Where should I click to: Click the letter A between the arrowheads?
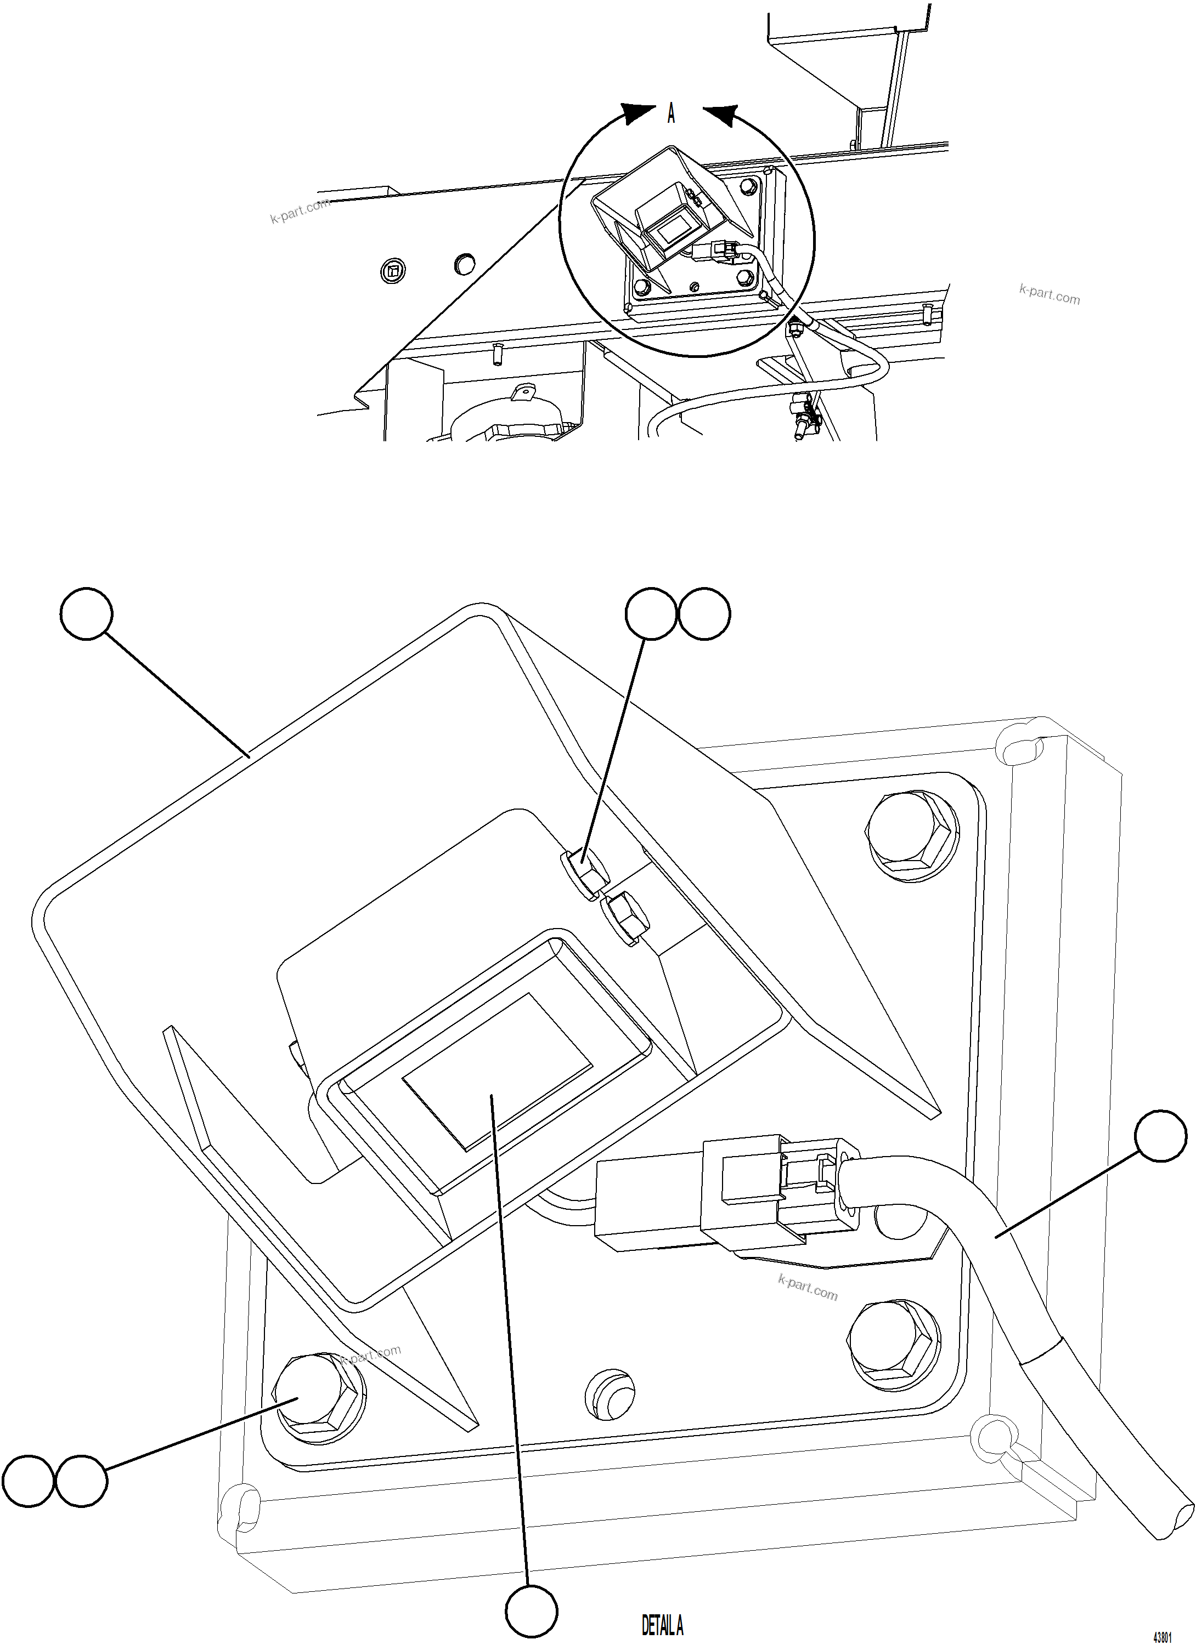pyautogui.click(x=672, y=114)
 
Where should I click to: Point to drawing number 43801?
pyautogui.click(x=1163, y=1637)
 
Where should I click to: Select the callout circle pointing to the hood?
pyautogui.click(x=86, y=613)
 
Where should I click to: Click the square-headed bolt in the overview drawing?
pyautogui.click(x=393, y=271)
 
